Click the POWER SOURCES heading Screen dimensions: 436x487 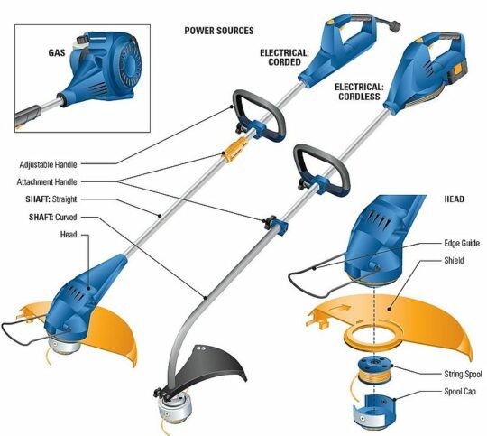pos(218,30)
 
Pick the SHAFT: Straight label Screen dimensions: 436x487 pos(52,199)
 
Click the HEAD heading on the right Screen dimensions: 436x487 pos(454,198)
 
